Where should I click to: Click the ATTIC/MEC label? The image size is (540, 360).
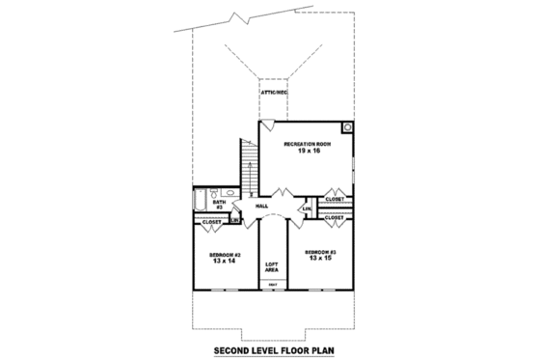[x=274, y=92]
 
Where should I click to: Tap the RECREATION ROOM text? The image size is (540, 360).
[x=308, y=144]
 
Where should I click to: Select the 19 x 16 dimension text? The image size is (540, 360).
[x=308, y=152]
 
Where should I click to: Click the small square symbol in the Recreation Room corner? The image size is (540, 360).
[x=347, y=126]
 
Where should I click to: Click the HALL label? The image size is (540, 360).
[x=261, y=207]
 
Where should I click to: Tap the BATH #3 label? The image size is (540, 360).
[x=219, y=205]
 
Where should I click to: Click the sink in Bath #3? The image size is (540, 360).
[x=219, y=193]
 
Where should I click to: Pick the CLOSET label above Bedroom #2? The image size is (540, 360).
[x=210, y=223]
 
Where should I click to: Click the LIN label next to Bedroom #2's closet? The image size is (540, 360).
[x=234, y=221]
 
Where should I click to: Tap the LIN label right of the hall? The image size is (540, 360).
[x=306, y=209]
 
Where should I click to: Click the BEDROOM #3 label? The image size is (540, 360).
[x=321, y=251]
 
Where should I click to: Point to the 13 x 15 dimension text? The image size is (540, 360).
[x=321, y=259]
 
